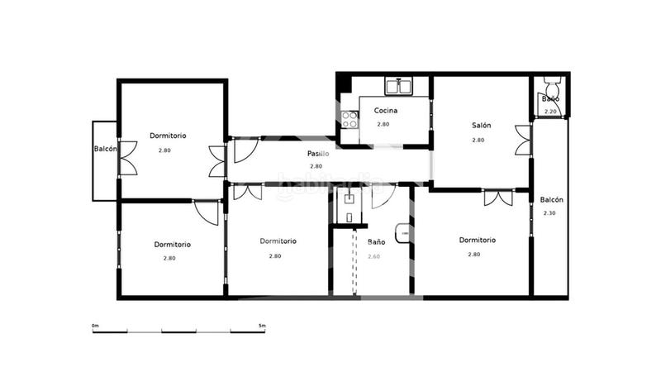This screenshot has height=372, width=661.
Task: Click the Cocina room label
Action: pos(386,111)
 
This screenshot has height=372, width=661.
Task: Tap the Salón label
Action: pos(481,126)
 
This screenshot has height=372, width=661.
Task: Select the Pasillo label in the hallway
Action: pos(319,154)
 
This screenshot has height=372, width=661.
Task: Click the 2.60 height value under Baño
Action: pos(374,256)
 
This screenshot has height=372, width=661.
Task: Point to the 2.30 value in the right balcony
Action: pos(549,213)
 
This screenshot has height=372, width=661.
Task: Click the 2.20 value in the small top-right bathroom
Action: pos(550,111)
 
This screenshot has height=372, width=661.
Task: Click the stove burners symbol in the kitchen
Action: pos(349,120)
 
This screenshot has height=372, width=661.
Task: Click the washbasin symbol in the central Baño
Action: pos(402,235)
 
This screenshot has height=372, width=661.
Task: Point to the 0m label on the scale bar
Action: pos(95,326)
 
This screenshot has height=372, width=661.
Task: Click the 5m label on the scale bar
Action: pos(262,326)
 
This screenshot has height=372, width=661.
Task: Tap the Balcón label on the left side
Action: pos(105,150)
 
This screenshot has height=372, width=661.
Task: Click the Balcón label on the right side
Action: pos(551,200)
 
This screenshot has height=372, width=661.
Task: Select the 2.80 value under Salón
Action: pos(478,141)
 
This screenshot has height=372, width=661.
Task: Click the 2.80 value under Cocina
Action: pos(383,125)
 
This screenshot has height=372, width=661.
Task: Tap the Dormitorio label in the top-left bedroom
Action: pos(168,136)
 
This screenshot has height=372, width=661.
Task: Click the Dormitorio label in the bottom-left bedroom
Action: pos(172,245)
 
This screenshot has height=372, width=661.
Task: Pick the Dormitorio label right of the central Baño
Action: pos(477,241)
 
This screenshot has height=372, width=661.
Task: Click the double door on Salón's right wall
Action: pos(522,140)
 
